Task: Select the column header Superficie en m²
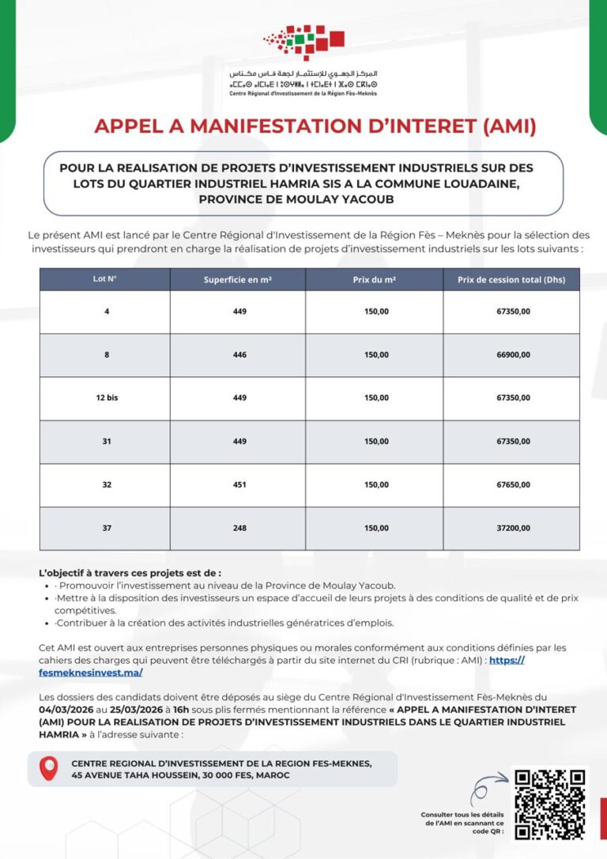[x=237, y=280]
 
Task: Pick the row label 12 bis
[x=107, y=398]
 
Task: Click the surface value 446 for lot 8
[x=239, y=355]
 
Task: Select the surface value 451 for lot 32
[x=239, y=485]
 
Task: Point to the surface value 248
[x=239, y=529]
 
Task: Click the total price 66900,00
[x=513, y=355]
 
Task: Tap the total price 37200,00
[x=513, y=529]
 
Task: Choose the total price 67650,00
[x=513, y=485]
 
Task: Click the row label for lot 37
[x=107, y=529]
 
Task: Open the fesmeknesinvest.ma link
[x=91, y=673]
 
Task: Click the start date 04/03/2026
[x=62, y=710]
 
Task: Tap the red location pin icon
[x=49, y=768]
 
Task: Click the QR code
[x=550, y=803]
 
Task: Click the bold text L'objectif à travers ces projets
[x=130, y=573]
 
